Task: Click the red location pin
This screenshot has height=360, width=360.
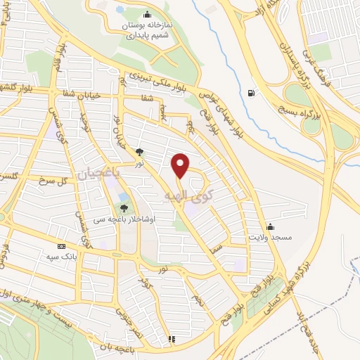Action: coord(181,166)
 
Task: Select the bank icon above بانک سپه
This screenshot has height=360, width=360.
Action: coord(62,247)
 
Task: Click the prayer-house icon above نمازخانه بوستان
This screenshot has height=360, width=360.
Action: coord(146,14)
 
